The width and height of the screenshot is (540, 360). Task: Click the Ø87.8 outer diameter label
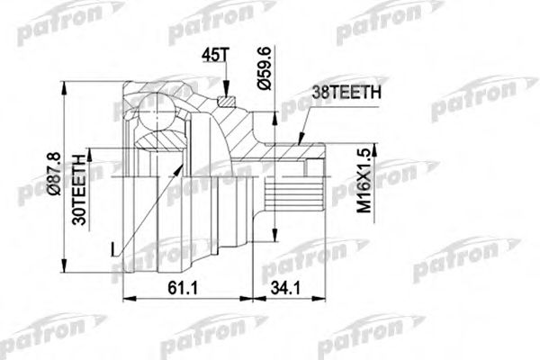56,177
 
